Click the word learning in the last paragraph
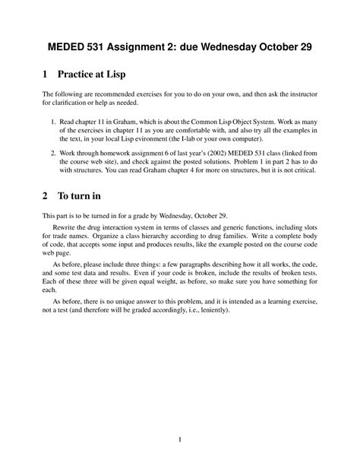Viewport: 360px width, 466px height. [x=267, y=302]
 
